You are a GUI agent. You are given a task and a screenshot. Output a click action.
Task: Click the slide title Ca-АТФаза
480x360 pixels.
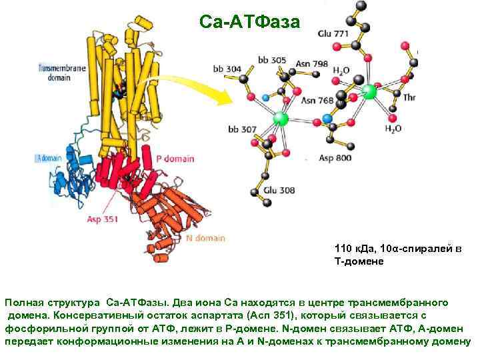pyautogui.click(x=250, y=22)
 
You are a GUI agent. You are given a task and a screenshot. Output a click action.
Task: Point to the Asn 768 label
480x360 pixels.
pyautogui.click(x=316, y=101)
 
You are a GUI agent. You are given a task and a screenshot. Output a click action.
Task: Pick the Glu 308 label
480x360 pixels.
pyautogui.click(x=278, y=190)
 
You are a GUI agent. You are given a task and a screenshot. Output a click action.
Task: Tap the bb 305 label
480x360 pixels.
pyautogui.click(x=272, y=60)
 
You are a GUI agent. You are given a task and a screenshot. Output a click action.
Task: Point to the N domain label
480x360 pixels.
pyautogui.click(x=205, y=238)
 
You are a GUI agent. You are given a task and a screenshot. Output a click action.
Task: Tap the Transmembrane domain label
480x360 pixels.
pyautogui.click(x=59, y=72)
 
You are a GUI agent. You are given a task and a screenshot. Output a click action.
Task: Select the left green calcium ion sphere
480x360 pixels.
pyautogui.click(x=281, y=119)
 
